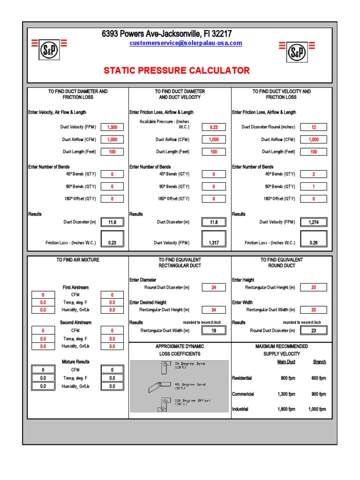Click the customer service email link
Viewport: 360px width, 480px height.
pyautogui.click(x=186, y=43)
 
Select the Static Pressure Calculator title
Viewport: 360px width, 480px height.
pyautogui.click(x=177, y=71)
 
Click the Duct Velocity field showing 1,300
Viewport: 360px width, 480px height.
pyautogui.click(x=112, y=127)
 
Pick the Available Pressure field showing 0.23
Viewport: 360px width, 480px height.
pyautogui.click(x=214, y=127)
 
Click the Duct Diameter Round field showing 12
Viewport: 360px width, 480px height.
pyautogui.click(x=314, y=127)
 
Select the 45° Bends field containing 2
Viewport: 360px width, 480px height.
pyautogui.click(x=314, y=174)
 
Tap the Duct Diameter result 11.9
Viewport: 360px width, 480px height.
pyautogui.click(x=112, y=222)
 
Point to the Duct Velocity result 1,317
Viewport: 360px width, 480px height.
pyautogui.click(x=214, y=243)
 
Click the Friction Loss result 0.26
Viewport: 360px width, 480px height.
pyautogui.click(x=314, y=243)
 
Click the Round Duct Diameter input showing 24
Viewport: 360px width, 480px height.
pyautogui.click(x=214, y=287)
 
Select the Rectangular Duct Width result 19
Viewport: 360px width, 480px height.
pyautogui.click(x=214, y=330)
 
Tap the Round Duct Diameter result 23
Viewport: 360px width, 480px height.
pyautogui.click(x=314, y=330)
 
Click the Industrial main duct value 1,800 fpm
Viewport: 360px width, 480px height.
pyautogui.click(x=286, y=409)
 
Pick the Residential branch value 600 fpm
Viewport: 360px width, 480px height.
pyautogui.click(x=318, y=378)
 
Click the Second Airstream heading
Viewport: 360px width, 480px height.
pyautogui.click(x=75, y=322)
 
